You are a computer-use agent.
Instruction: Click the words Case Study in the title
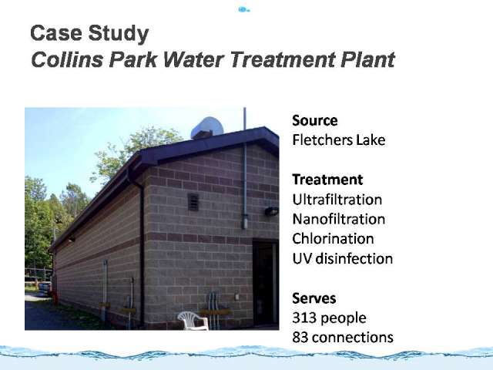(89, 33)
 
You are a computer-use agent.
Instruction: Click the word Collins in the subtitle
(67, 59)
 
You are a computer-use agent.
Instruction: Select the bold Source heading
(315, 120)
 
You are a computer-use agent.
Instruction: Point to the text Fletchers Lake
(339, 140)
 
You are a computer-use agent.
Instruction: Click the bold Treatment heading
(327, 180)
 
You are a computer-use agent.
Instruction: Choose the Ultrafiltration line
(337, 200)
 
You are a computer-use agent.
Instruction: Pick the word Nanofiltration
(339, 219)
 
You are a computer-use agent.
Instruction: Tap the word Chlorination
(333, 239)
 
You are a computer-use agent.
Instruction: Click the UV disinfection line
(342, 259)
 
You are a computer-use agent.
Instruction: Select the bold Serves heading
(314, 298)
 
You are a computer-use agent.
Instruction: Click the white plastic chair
(193, 321)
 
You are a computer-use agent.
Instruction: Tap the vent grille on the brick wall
(193, 202)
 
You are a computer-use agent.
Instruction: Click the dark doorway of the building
(266, 284)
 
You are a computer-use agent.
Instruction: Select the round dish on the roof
(207, 127)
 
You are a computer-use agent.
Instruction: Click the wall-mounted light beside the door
(271, 211)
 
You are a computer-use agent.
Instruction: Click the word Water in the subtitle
(194, 59)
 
